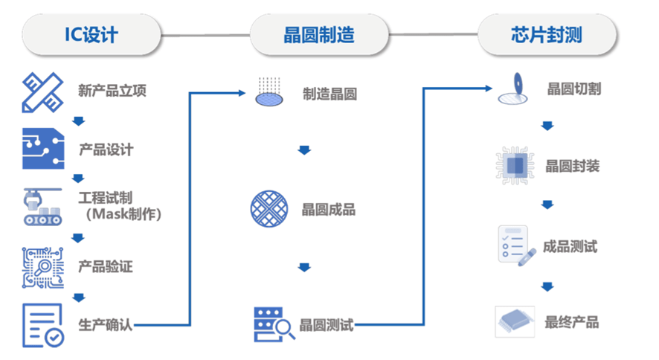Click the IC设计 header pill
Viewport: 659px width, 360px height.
tap(91, 34)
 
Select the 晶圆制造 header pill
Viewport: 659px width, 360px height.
tap(318, 34)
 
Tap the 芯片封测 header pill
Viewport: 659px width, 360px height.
tap(546, 34)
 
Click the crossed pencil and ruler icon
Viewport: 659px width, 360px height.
tap(42, 91)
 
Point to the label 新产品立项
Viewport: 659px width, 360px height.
tap(112, 91)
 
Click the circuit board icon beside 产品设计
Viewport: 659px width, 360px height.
tap(42, 149)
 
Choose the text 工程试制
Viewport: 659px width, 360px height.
tap(106, 199)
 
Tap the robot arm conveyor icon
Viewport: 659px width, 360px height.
tap(42, 206)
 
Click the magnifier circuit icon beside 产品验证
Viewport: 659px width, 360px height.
tap(42, 266)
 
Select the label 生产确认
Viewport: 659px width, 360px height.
tap(106, 324)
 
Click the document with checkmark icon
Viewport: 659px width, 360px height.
tap(42, 325)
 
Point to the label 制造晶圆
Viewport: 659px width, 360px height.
tap(329, 94)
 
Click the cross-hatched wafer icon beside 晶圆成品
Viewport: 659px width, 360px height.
tap(269, 209)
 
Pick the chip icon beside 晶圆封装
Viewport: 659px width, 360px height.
tap(515, 166)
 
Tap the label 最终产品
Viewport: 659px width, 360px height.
tap(571, 322)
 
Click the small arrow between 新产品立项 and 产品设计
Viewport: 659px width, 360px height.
tap(78, 121)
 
